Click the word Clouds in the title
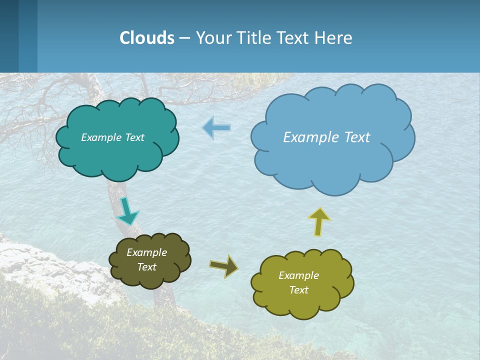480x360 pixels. [147, 38]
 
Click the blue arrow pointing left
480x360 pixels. [216, 128]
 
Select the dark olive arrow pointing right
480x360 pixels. [224, 265]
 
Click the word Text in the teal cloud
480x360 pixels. [133, 137]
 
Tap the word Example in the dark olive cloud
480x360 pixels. [146, 252]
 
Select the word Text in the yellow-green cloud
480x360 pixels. [298, 290]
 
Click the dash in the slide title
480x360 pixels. [184, 38]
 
